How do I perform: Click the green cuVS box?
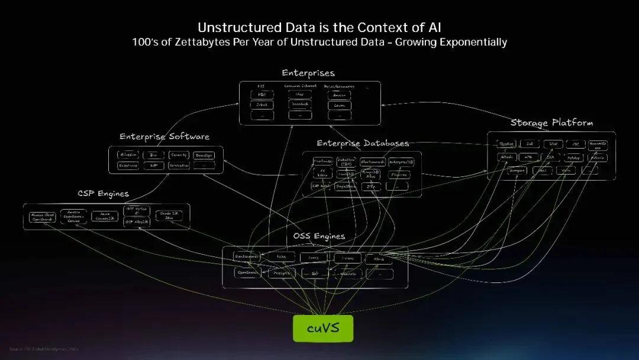[x=323, y=328]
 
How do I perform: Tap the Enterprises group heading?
[x=308, y=73]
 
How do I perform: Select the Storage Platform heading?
[x=551, y=123]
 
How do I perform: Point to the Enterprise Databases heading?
[x=362, y=143]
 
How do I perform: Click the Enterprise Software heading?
[x=164, y=137]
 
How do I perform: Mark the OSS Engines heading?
[x=318, y=236]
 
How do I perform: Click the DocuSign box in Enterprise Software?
[x=204, y=155]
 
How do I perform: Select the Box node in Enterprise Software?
[x=153, y=155]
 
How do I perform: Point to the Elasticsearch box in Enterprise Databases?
[x=373, y=161]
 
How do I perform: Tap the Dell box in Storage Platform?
[x=530, y=144]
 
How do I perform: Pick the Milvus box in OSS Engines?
[x=379, y=258]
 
